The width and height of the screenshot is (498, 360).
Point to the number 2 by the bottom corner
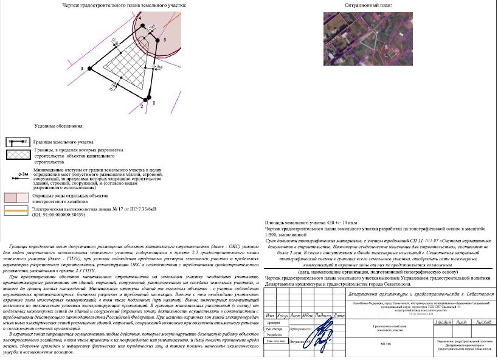click(142, 106)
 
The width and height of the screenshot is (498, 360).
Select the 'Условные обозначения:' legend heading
click(59, 126)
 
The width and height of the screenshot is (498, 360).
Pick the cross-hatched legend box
click(18, 155)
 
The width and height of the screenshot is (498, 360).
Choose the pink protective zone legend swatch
click(17, 198)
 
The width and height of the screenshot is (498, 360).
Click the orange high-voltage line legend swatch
click(17, 210)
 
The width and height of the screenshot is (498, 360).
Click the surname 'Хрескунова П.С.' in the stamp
click(302, 328)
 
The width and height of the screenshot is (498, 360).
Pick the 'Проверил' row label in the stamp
click(272, 323)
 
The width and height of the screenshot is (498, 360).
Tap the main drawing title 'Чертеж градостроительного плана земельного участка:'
click(124, 5)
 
